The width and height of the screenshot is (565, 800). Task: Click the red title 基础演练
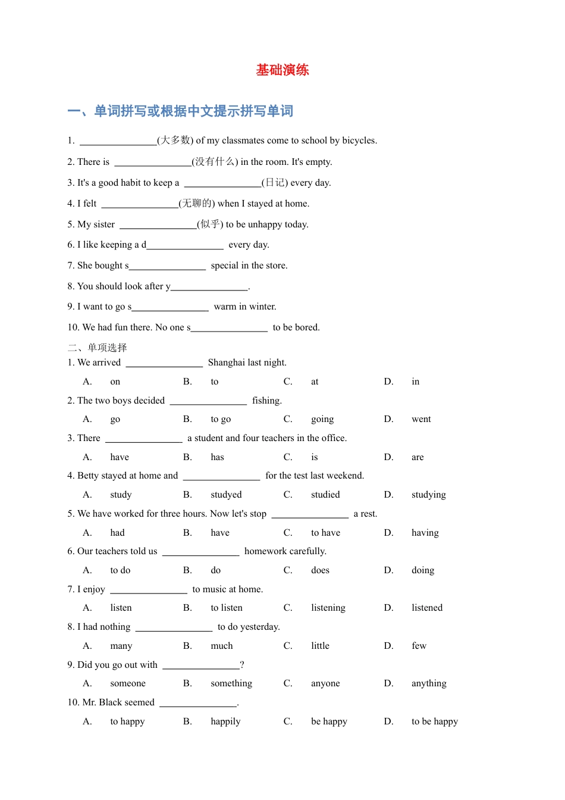[x=282, y=70]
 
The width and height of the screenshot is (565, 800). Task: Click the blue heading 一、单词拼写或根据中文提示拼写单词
[x=180, y=111]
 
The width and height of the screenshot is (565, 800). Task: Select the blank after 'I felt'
[x=140, y=204]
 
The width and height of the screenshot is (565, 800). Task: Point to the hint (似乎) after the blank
[x=210, y=224]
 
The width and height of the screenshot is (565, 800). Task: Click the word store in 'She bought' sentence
[x=276, y=265]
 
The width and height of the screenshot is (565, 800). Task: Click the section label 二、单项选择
[x=98, y=348]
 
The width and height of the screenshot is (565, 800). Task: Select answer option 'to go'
[x=221, y=419]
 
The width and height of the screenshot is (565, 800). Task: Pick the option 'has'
[x=217, y=457]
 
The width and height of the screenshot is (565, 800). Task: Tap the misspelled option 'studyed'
[x=226, y=495]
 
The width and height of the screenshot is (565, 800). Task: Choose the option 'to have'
[x=325, y=533]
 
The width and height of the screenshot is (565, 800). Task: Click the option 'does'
[x=320, y=570]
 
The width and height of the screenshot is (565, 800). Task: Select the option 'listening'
[x=328, y=608]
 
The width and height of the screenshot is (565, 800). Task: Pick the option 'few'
[x=419, y=646]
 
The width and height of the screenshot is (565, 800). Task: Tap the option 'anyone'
[x=325, y=683]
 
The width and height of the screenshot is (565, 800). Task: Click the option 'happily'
[x=225, y=721]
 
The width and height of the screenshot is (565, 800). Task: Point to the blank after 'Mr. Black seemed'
[x=198, y=704]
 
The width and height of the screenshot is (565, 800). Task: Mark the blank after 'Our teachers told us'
[x=200, y=552]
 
